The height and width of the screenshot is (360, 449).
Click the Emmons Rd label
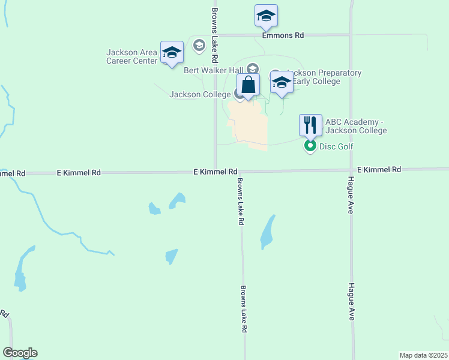tap(283, 35)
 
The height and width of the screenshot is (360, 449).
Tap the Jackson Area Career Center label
tap(132, 56)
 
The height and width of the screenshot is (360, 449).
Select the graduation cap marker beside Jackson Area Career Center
tap(172, 52)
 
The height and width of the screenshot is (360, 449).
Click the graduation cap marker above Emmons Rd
tap(266, 16)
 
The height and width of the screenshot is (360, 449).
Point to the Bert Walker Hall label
tap(213, 70)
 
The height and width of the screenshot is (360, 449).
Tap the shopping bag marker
tap(249, 85)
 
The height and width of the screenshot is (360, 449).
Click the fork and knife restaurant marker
tap(310, 125)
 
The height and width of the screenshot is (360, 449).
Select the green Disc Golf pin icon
tap(310, 146)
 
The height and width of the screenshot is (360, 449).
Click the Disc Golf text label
tap(336, 146)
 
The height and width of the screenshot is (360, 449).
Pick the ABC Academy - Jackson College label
tap(355, 126)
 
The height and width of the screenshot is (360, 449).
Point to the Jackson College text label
tap(199, 94)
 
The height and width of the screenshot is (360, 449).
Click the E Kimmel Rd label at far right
tap(379, 170)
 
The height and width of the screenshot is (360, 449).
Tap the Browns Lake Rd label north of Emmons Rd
tap(214, 19)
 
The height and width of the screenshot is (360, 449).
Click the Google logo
tap(20, 353)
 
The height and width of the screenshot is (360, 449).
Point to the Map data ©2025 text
tap(423, 355)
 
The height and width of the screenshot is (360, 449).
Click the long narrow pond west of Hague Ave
tap(268, 232)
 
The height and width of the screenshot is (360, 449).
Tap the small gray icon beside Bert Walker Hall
tap(252, 70)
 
